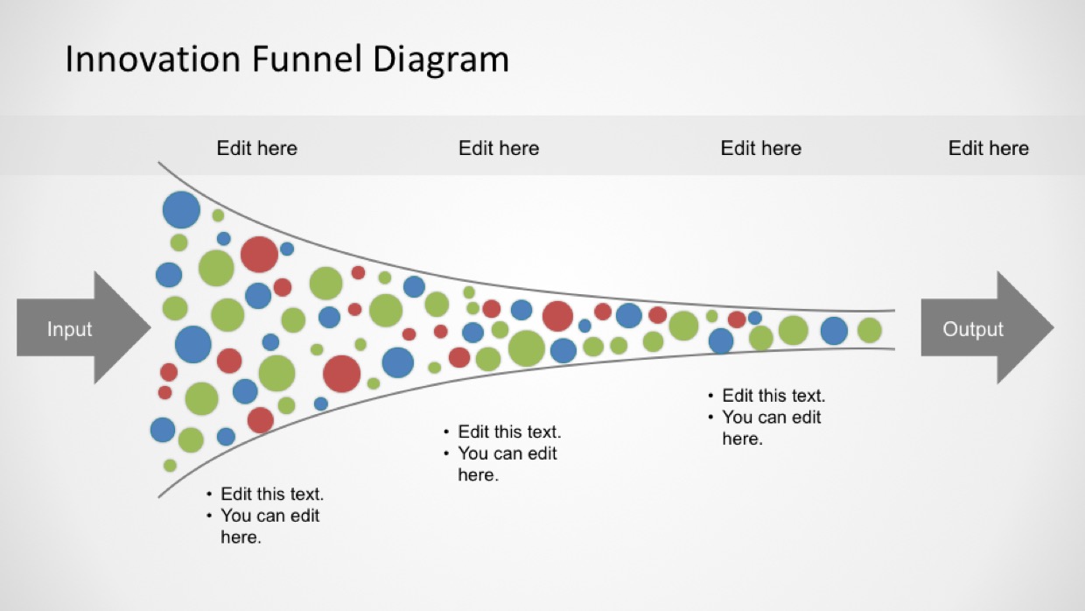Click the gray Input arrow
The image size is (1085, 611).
83,328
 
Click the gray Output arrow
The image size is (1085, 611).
987,328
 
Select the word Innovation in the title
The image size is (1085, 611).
152,60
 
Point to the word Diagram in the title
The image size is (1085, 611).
441,60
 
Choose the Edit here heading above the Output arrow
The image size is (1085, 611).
988,148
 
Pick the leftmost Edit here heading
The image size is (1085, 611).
256,148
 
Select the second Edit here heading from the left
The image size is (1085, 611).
499,148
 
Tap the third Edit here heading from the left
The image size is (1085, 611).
760,148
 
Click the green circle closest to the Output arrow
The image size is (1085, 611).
870,331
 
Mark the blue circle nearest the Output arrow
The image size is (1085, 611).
834,331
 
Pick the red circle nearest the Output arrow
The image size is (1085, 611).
737,320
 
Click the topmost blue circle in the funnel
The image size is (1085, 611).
181,210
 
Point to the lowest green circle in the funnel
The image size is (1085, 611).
170,466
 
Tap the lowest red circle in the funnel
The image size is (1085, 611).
261,420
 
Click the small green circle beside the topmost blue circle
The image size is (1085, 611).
218,215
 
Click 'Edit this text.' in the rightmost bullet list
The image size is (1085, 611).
773,396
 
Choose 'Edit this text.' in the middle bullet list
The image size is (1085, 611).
509,432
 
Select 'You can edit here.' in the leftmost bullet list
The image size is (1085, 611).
269,526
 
